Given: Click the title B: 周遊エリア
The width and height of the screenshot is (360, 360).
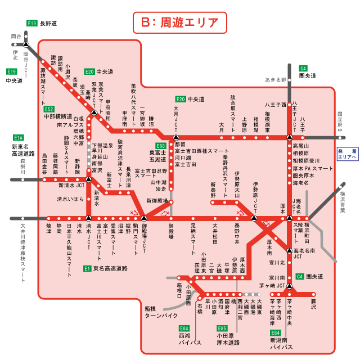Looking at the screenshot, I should tap(179, 23).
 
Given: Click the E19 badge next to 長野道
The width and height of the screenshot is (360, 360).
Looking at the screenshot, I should tap(32, 23).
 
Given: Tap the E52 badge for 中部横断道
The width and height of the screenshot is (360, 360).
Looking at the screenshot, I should tap(49, 109).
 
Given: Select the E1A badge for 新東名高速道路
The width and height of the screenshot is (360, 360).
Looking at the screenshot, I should tap(19, 137).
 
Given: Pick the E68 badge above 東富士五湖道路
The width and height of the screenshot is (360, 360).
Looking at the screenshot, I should tap(160, 146).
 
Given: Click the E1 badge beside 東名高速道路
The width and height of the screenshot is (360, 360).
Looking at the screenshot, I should tap(87, 268).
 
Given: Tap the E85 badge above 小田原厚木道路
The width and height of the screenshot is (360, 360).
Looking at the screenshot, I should tap(222, 328).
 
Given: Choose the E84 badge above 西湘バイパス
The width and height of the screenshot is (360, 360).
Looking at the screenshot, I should tap(184, 328).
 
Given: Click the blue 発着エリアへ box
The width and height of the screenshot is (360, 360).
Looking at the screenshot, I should tap(347, 154).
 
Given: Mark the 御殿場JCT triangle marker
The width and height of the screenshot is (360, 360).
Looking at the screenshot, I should tap(144, 218).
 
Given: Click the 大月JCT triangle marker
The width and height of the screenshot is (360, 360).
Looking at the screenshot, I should tap(176, 137).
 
